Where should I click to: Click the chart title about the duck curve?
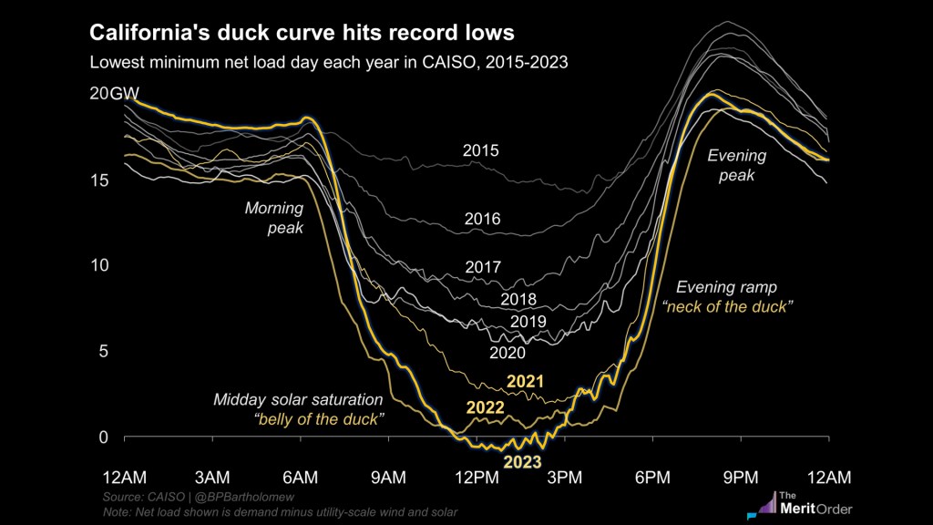pyautogui.click(x=301, y=34)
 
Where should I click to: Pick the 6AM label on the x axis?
pyautogui.click(x=300, y=478)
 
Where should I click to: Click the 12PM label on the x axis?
pyautogui.click(x=476, y=478)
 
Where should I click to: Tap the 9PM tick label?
pyautogui.click(x=740, y=478)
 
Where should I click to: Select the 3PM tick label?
pyautogui.click(x=564, y=478)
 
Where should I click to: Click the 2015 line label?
pyautogui.click(x=480, y=150)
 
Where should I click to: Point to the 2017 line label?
pyautogui.click(x=483, y=268)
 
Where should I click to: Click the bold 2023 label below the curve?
pyautogui.click(x=517, y=462)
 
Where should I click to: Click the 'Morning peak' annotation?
pyautogui.click(x=273, y=218)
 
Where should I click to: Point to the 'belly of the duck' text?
pyautogui.click(x=318, y=419)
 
